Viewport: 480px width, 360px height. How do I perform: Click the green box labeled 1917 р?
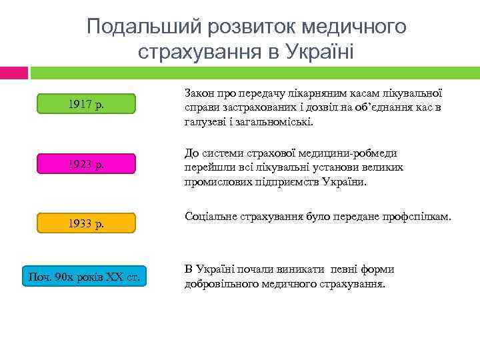click(85, 104)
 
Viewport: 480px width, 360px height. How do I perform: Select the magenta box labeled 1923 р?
click(85, 164)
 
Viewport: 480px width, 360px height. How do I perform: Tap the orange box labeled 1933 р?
click(85, 223)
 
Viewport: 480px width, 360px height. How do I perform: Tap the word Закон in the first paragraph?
click(199, 95)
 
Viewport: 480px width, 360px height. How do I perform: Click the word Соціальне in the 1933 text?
click(210, 217)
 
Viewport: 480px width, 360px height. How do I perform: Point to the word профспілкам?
click(417, 217)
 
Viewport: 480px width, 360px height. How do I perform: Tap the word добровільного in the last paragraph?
click(220, 283)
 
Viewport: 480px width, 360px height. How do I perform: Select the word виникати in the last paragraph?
click(302, 269)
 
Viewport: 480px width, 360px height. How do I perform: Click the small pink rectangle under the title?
click(14, 71)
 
